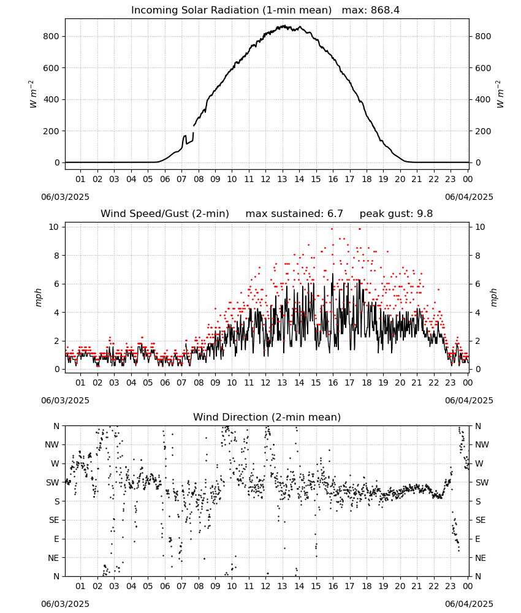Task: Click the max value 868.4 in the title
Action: point(385,10)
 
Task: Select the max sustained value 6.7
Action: point(335,214)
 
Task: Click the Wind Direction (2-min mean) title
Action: point(267,417)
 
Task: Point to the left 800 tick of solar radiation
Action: point(51,36)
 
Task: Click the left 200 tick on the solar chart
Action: point(51,131)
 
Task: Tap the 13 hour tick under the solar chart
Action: point(282,179)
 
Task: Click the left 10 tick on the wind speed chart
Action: point(54,227)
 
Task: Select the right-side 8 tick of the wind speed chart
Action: point(477,256)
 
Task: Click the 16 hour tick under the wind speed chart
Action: point(333,383)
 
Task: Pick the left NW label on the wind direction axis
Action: point(51,445)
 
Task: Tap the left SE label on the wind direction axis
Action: point(54,520)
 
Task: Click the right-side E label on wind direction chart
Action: point(477,539)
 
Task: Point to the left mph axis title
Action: point(38,297)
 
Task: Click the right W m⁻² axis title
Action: point(500,94)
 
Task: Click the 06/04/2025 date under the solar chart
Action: point(469,197)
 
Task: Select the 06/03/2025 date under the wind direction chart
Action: point(65,604)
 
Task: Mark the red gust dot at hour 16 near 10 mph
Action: point(332,229)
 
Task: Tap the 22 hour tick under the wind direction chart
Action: point(433,586)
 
